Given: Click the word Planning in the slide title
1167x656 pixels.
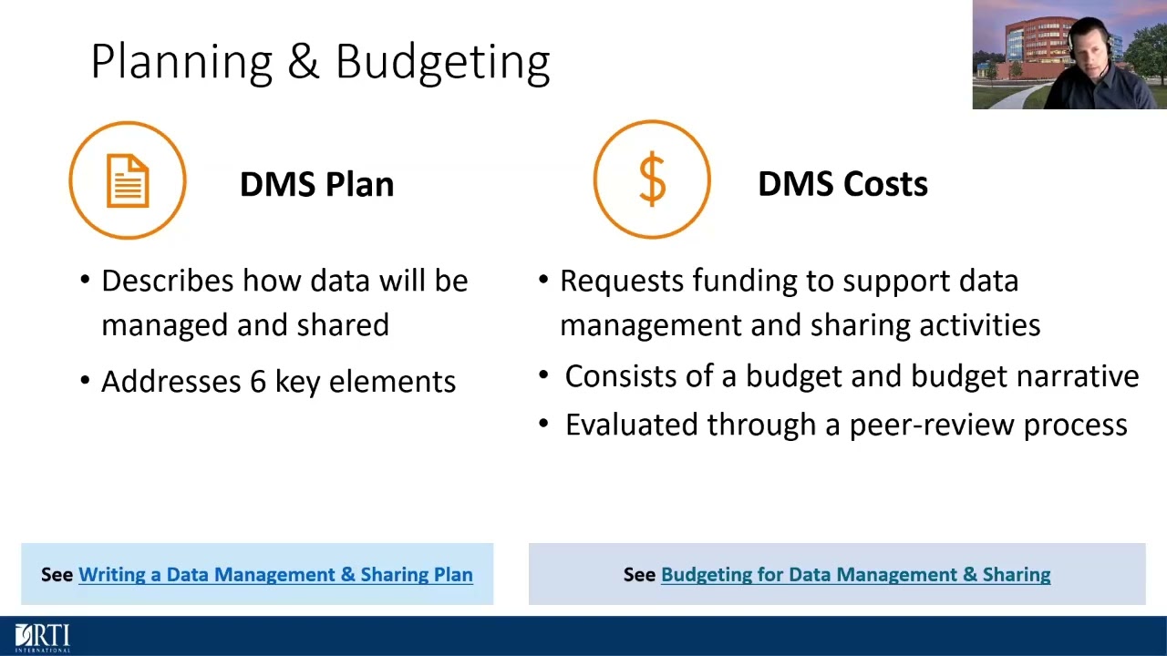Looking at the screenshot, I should click(181, 63).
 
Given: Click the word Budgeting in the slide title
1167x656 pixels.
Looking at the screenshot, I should click(442, 63).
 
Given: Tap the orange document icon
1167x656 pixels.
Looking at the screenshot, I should click(128, 179).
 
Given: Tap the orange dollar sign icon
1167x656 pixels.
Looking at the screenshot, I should click(652, 179).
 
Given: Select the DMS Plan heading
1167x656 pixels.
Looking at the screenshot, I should click(316, 184).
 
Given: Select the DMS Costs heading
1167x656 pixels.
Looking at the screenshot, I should click(842, 184).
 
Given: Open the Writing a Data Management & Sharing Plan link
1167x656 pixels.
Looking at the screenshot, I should click(275, 575).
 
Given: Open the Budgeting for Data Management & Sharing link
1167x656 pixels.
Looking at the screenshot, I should click(855, 575).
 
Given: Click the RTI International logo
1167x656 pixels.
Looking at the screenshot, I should click(42, 637).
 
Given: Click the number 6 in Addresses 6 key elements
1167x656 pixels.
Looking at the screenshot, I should click(258, 382).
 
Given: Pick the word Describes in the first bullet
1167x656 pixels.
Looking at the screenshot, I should click(168, 281).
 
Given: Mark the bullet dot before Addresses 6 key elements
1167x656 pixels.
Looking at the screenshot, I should click(86, 382).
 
